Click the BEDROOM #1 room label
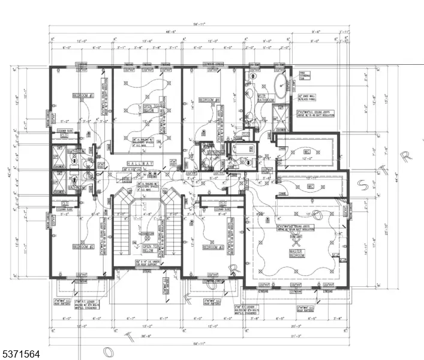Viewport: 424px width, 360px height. click(82, 95)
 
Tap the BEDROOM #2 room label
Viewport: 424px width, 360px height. click(82, 246)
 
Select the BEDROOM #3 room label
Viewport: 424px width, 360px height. click(213, 247)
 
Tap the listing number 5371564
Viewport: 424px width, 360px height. click(20, 355)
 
